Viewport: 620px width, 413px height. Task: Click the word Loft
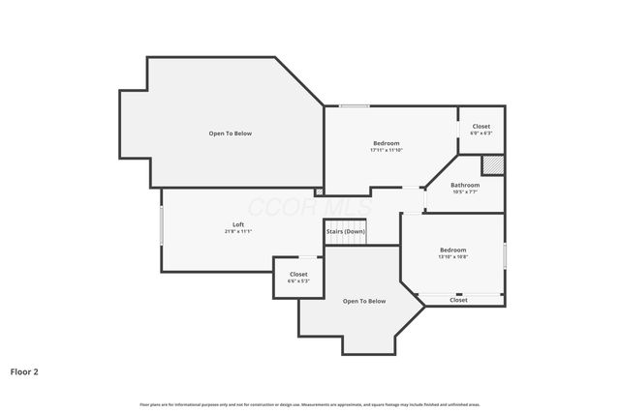point(238,224)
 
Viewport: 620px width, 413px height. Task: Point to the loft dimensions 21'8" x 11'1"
point(238,232)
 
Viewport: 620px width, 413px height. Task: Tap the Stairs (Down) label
point(345,231)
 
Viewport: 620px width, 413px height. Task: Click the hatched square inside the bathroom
point(493,165)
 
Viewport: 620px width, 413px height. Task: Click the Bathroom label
point(465,185)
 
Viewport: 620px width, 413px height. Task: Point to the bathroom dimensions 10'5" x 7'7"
point(465,192)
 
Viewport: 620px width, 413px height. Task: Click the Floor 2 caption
point(24,370)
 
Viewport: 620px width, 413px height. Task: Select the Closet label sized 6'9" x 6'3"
point(481,127)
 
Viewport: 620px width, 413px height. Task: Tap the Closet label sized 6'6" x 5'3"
point(298,275)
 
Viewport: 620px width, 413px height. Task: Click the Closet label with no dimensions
point(458,300)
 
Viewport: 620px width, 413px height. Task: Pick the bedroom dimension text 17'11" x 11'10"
point(387,150)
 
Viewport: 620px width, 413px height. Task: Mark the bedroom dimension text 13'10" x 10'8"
point(452,256)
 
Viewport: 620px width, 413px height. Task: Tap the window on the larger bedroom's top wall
point(354,105)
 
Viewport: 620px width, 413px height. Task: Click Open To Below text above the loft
point(231,133)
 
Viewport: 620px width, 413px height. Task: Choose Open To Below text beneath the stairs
point(364,301)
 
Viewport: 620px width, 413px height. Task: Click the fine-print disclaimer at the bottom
point(310,404)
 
